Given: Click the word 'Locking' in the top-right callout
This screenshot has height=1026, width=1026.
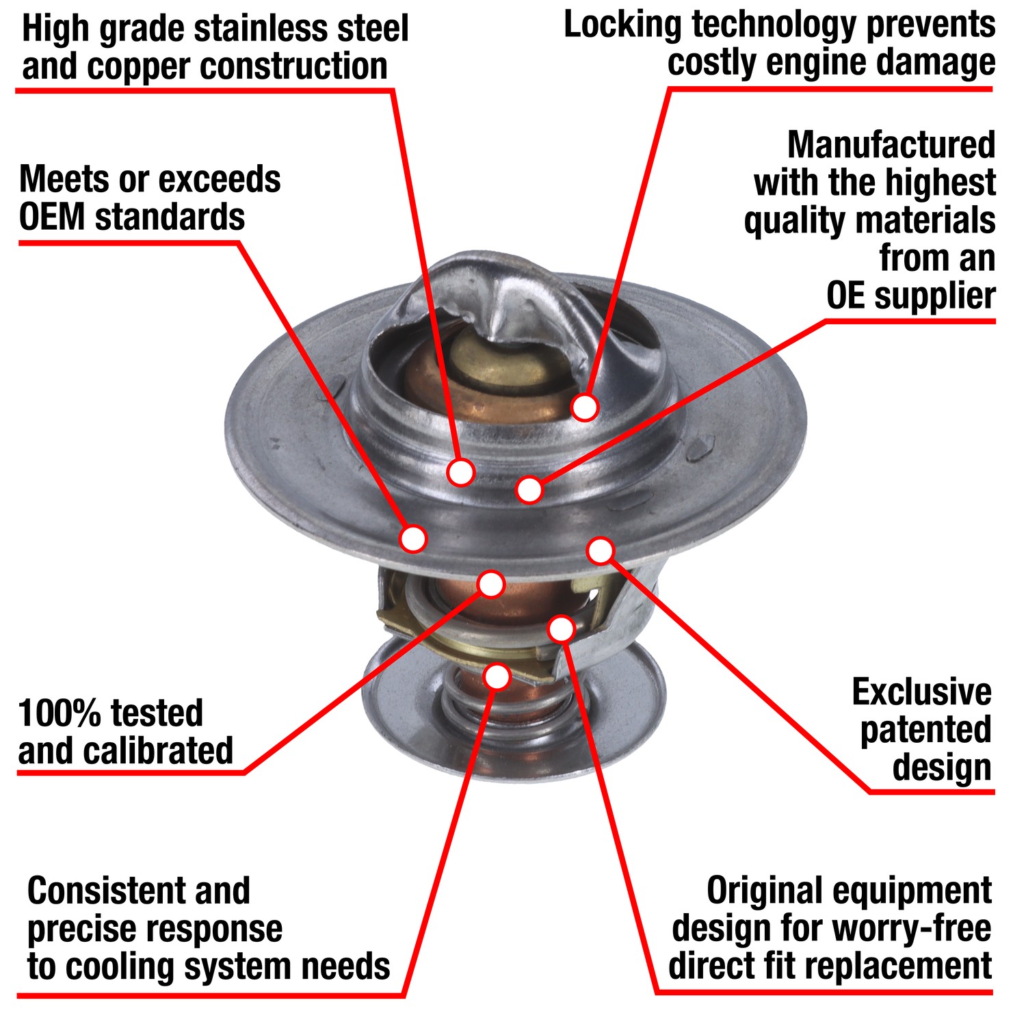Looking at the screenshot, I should coord(622,26).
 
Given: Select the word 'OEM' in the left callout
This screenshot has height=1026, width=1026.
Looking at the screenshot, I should coord(52,218).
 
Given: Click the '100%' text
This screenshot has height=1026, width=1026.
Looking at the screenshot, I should coord(60,713).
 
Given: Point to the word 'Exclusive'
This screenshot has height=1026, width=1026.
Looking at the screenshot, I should coord(921,693).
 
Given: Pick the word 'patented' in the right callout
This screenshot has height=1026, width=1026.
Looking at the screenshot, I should coord(925,731).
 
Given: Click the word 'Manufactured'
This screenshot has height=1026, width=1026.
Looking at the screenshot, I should coord(891,146).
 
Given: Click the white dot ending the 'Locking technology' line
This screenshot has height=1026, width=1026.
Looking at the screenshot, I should coord(585,407).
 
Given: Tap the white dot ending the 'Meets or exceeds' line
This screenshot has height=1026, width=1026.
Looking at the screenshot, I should coord(413,538).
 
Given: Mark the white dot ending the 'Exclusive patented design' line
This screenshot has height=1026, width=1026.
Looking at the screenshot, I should coord(601,550).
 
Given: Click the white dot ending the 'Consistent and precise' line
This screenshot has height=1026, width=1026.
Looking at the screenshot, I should coord(497,676).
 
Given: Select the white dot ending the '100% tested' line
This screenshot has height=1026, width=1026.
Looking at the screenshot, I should coord(491,583).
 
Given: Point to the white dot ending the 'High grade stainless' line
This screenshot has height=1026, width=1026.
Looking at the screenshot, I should coord(461,471).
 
